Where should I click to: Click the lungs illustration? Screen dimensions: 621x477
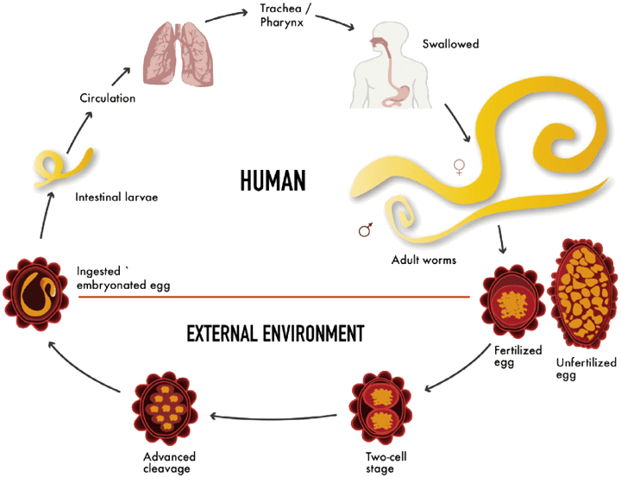(x=179, y=53)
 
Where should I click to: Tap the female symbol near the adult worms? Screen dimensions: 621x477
(x=459, y=167)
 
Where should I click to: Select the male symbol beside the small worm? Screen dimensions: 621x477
(x=365, y=229)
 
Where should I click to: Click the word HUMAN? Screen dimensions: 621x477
(x=273, y=180)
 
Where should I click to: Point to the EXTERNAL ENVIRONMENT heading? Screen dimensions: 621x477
(x=275, y=333)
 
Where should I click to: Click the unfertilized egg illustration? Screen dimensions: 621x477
(x=582, y=293)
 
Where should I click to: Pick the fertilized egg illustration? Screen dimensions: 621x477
(x=512, y=302)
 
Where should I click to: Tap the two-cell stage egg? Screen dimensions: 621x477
(x=380, y=408)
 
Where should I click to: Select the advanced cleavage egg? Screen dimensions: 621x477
(x=165, y=409)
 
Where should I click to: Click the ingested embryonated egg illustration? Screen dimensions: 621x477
(x=35, y=293)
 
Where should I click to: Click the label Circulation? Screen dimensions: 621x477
(x=107, y=97)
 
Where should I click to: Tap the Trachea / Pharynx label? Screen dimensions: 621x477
(x=285, y=15)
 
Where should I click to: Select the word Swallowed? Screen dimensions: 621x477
(x=450, y=44)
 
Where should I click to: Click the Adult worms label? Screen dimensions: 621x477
(x=423, y=260)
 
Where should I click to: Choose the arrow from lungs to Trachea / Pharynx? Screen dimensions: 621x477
(x=227, y=16)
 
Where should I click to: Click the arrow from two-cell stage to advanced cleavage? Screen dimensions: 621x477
(x=273, y=417)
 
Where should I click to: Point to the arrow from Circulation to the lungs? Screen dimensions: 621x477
(x=121, y=76)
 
